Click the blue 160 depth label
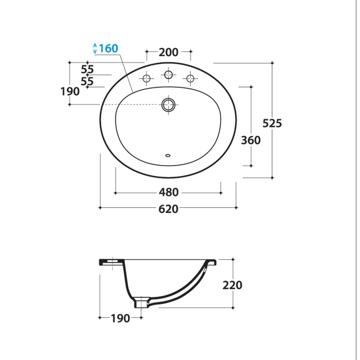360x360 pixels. pos(109,48)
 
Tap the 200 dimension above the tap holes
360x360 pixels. pos(169,52)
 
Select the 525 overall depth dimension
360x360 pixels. pos(272,123)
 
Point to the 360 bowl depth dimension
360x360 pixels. pos(251,140)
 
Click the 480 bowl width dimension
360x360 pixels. pos(169,192)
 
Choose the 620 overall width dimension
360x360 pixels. pos(168,209)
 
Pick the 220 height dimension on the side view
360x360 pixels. pos(232,285)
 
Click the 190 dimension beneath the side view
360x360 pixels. pos(120,318)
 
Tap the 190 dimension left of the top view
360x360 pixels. pos(70,92)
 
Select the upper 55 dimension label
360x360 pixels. pos(87,69)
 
